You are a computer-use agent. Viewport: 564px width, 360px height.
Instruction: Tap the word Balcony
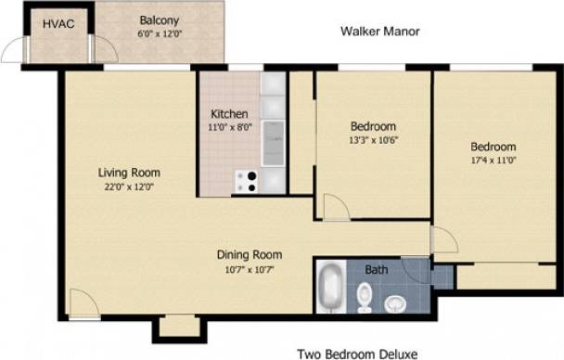pyautogui.click(x=160, y=20)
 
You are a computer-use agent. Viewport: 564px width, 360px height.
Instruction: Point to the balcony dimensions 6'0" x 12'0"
pyautogui.click(x=160, y=33)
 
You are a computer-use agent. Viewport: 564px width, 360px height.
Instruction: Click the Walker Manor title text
pyautogui.click(x=380, y=32)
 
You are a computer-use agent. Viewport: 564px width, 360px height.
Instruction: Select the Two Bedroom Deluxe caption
pyautogui.click(x=357, y=354)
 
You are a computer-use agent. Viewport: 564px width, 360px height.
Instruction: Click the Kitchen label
pyautogui.click(x=229, y=114)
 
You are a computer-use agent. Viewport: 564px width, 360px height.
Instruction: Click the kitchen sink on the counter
pyautogui.click(x=274, y=144)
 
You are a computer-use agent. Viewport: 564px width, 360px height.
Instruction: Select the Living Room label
pyautogui.click(x=130, y=173)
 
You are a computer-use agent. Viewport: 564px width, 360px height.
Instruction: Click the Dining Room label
pyautogui.click(x=250, y=254)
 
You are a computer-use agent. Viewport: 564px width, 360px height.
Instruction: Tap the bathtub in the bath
pyautogui.click(x=330, y=289)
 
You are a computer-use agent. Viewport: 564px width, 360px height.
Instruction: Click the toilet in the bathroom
pyautogui.click(x=365, y=297)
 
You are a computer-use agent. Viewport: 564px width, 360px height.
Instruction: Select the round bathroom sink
pyautogui.click(x=397, y=302)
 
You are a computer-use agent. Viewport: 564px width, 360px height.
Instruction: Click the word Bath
pyautogui.click(x=377, y=270)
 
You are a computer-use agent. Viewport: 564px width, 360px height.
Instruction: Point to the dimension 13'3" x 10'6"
pyautogui.click(x=374, y=140)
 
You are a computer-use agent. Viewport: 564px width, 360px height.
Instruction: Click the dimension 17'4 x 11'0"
pyautogui.click(x=492, y=161)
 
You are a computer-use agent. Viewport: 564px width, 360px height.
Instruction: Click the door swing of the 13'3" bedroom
pyautogui.click(x=335, y=208)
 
